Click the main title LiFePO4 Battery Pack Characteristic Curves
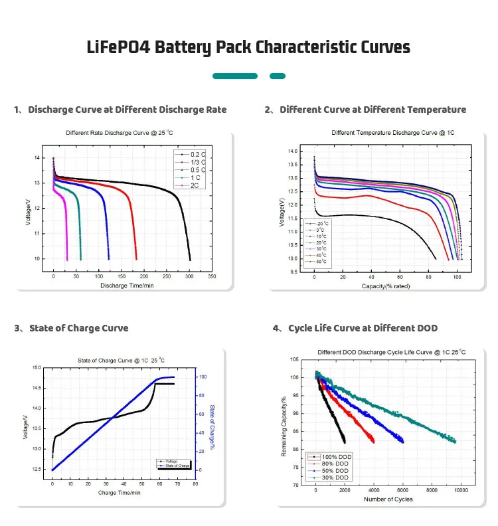tap(248, 48)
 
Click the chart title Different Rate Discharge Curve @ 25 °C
tap(120, 133)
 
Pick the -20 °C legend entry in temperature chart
tap(321, 224)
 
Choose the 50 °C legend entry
tap(321, 263)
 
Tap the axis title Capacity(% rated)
tap(386, 286)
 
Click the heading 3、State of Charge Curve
tap(71, 328)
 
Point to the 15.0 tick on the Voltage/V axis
tap(37, 367)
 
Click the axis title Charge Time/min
tap(120, 493)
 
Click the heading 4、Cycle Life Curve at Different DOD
tap(355, 328)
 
